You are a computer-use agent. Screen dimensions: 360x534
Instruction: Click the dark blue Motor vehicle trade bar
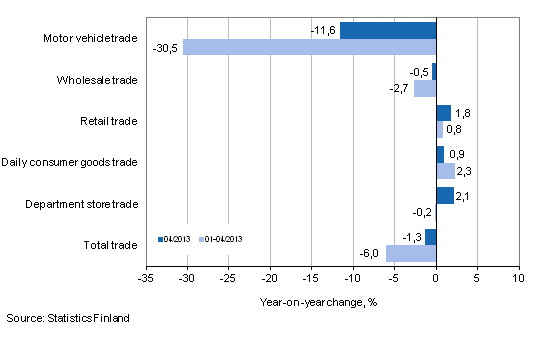(x=388, y=30)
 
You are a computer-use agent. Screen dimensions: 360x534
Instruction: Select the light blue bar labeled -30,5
(x=309, y=47)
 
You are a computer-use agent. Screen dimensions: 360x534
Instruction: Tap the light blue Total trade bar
(x=411, y=254)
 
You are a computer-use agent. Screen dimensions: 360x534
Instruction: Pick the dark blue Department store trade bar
(x=445, y=195)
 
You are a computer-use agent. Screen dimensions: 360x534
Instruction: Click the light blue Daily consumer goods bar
(x=445, y=171)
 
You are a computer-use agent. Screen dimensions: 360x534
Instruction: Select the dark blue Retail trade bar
(x=443, y=113)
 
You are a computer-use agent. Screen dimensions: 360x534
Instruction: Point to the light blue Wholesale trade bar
(x=425, y=89)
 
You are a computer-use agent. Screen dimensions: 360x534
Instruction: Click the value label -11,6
(x=323, y=30)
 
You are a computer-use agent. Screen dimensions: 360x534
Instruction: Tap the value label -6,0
(x=370, y=254)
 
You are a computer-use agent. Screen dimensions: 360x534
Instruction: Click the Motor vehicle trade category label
(x=90, y=39)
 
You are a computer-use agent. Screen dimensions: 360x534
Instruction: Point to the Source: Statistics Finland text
(x=68, y=319)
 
